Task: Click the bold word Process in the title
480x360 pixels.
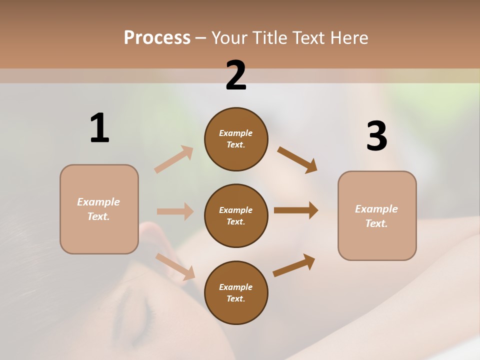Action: tap(157, 37)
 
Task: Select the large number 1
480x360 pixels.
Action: tap(99, 128)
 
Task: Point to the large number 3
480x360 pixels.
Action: tap(376, 136)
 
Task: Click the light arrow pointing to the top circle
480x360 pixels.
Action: tap(174, 159)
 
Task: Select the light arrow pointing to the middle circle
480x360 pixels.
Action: tap(175, 211)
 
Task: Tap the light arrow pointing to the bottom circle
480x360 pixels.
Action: tap(175, 266)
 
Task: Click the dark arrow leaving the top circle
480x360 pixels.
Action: tap(297, 160)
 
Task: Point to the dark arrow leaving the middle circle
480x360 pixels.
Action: tap(295, 210)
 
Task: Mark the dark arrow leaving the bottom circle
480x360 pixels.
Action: tap(294, 265)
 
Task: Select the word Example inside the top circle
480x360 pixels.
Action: tap(236, 133)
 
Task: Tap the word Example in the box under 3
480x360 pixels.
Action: tap(376, 209)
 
